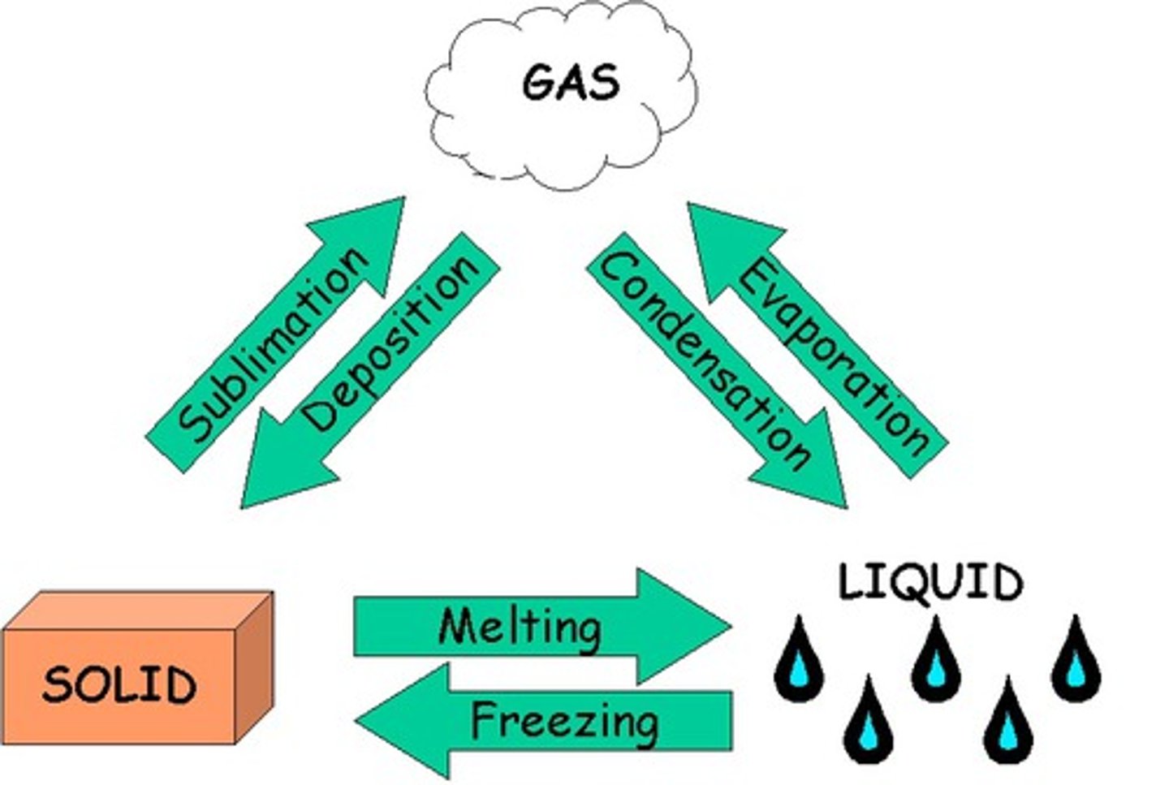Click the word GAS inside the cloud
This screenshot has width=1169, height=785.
[x=571, y=82]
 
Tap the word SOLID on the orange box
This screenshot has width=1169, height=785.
[x=119, y=684]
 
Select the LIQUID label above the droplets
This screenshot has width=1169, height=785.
[x=930, y=582]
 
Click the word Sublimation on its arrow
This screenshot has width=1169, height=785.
[x=273, y=344]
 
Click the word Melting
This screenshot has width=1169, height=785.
[x=520, y=626]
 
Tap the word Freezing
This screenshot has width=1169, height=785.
[x=564, y=720]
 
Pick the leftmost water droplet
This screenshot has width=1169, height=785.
[x=799, y=661]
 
